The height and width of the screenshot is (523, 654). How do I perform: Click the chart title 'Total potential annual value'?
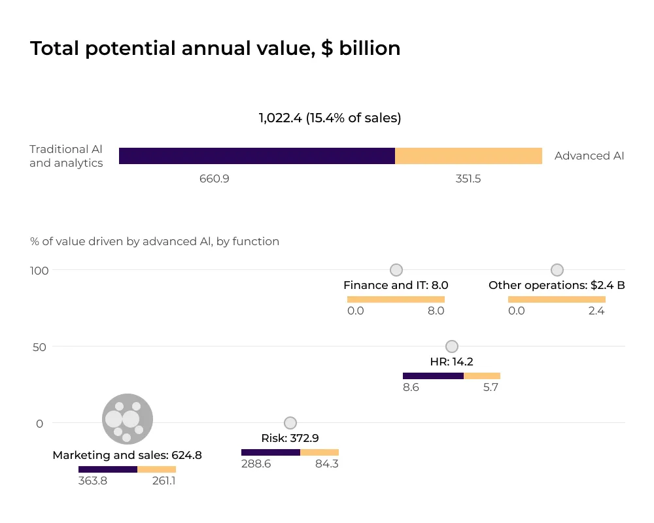coord(215,48)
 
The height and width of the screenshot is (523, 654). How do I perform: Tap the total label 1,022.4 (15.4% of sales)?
coord(330,118)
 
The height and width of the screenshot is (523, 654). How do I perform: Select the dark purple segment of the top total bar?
coord(257,156)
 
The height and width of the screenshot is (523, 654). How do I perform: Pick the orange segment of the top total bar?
coord(468,156)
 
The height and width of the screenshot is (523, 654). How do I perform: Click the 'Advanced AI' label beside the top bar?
coord(589,156)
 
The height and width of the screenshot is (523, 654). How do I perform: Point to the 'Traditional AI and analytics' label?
coord(66,156)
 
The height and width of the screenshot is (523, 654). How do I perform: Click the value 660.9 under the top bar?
coord(215,178)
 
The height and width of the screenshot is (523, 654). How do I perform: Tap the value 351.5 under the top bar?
coord(468,178)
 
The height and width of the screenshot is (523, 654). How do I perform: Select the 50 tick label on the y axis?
coord(40,346)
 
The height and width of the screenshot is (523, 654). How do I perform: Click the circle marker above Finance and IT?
coord(396,270)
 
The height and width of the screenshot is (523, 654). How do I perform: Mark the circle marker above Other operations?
coord(557,270)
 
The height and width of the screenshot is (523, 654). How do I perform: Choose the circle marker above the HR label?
coord(451,346)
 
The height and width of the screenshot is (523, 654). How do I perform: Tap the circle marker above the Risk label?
coord(290,423)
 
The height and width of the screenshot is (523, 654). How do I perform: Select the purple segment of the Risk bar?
coord(271,452)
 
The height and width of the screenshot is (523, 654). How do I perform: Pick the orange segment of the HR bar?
coord(482,376)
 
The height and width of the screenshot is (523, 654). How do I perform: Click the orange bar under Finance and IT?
coord(396,299)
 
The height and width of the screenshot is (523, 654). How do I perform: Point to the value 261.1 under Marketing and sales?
coord(163,481)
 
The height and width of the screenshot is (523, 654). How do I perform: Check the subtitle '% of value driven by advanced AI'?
coord(154,241)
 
